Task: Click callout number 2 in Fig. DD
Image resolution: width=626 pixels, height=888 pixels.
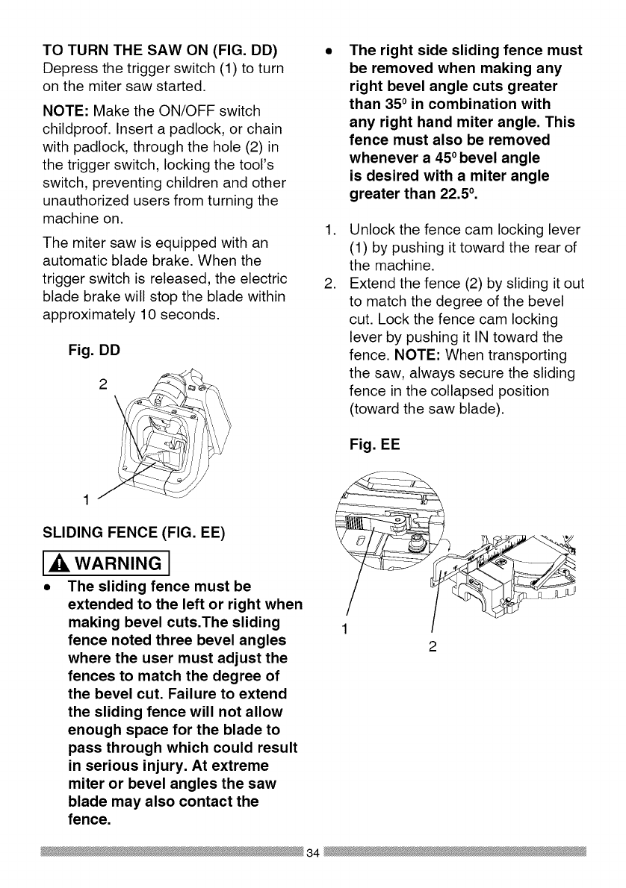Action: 103,385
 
